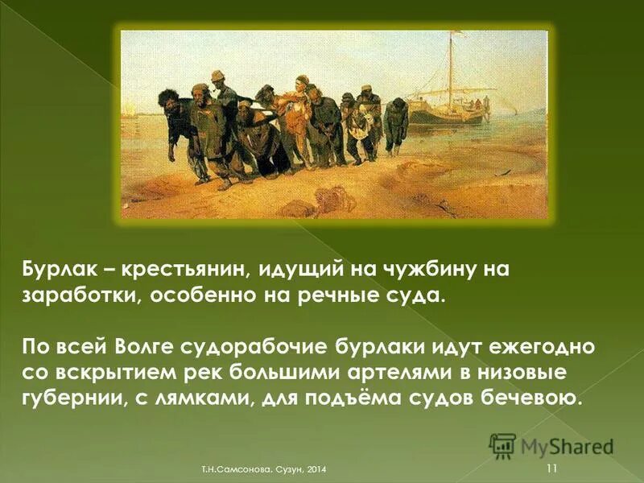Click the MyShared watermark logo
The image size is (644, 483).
[x=551, y=445]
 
